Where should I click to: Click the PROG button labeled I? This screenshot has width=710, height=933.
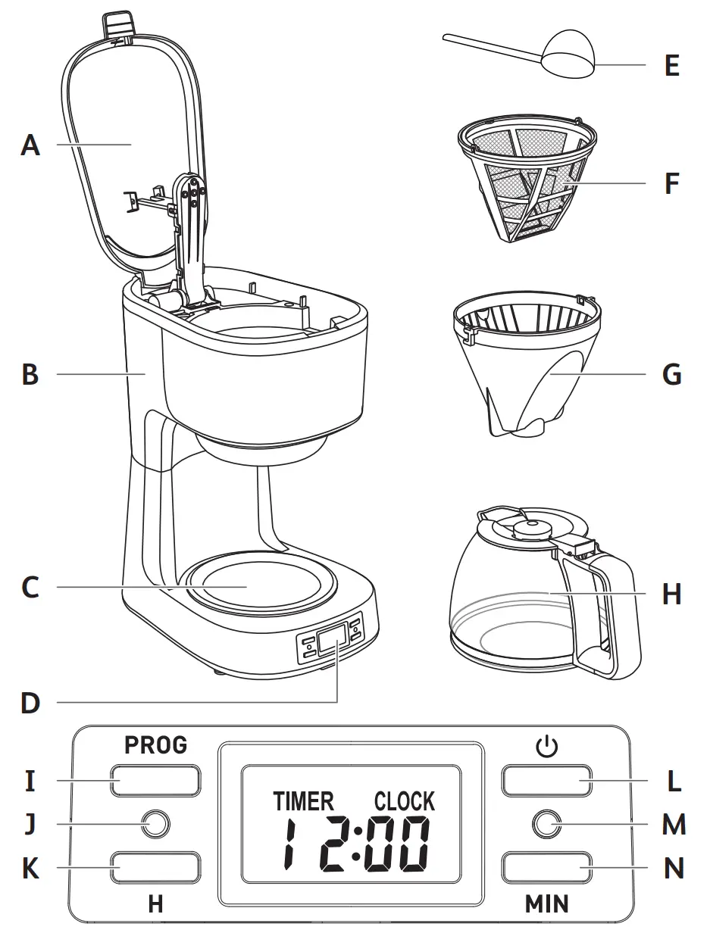tap(156, 780)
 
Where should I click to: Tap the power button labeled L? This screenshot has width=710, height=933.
tap(546, 780)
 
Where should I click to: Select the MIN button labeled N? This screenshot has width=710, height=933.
tap(546, 868)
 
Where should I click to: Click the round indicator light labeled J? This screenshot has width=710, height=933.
tap(155, 824)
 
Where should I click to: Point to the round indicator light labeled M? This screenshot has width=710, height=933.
tap(546, 824)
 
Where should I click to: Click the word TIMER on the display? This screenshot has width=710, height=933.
tap(303, 801)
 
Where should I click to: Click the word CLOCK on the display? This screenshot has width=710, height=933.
tap(405, 801)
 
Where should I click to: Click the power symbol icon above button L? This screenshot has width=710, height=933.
tap(546, 747)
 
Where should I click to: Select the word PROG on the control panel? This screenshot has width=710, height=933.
tap(155, 745)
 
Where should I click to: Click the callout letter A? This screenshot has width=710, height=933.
tap(30, 144)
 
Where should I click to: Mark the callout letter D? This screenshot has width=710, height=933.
tap(30, 703)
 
